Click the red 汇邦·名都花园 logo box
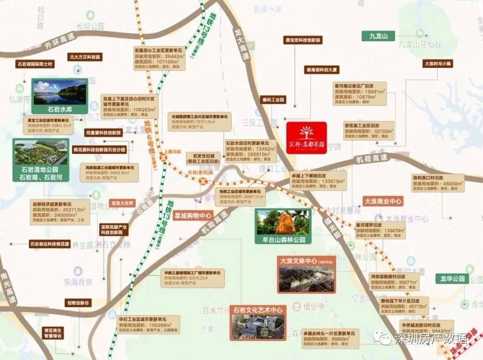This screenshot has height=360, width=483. (x=306, y=138)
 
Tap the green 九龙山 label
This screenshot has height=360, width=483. (x=378, y=36)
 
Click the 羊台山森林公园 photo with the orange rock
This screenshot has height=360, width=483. (x=283, y=223)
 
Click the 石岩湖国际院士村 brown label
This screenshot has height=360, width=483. (x=34, y=64)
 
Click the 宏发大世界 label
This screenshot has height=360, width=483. (x=123, y=203)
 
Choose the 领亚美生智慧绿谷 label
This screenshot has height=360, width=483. (x=53, y=333)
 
